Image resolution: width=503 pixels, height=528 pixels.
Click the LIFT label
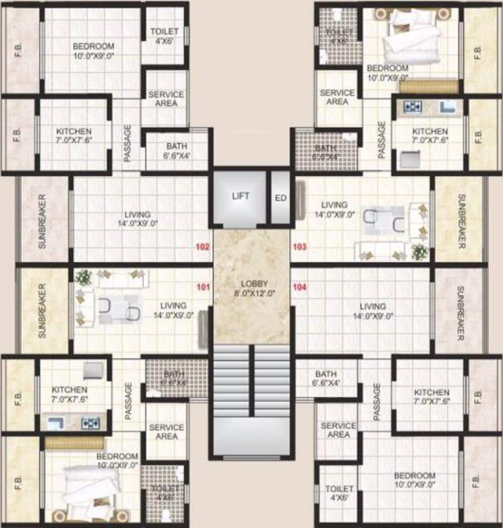241,196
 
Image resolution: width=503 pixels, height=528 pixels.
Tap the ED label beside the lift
280,196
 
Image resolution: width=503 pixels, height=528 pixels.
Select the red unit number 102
202,245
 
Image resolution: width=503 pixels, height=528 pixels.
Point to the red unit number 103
299,245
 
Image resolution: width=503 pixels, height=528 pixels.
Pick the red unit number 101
202,288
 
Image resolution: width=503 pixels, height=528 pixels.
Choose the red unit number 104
299,288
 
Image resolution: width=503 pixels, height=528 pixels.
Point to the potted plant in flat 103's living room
420,252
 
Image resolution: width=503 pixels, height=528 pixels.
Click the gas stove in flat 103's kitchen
412,107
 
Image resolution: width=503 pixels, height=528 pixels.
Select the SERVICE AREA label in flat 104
338,430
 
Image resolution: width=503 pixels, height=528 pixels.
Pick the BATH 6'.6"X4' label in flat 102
177,151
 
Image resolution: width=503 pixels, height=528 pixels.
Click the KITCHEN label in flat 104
432,397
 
